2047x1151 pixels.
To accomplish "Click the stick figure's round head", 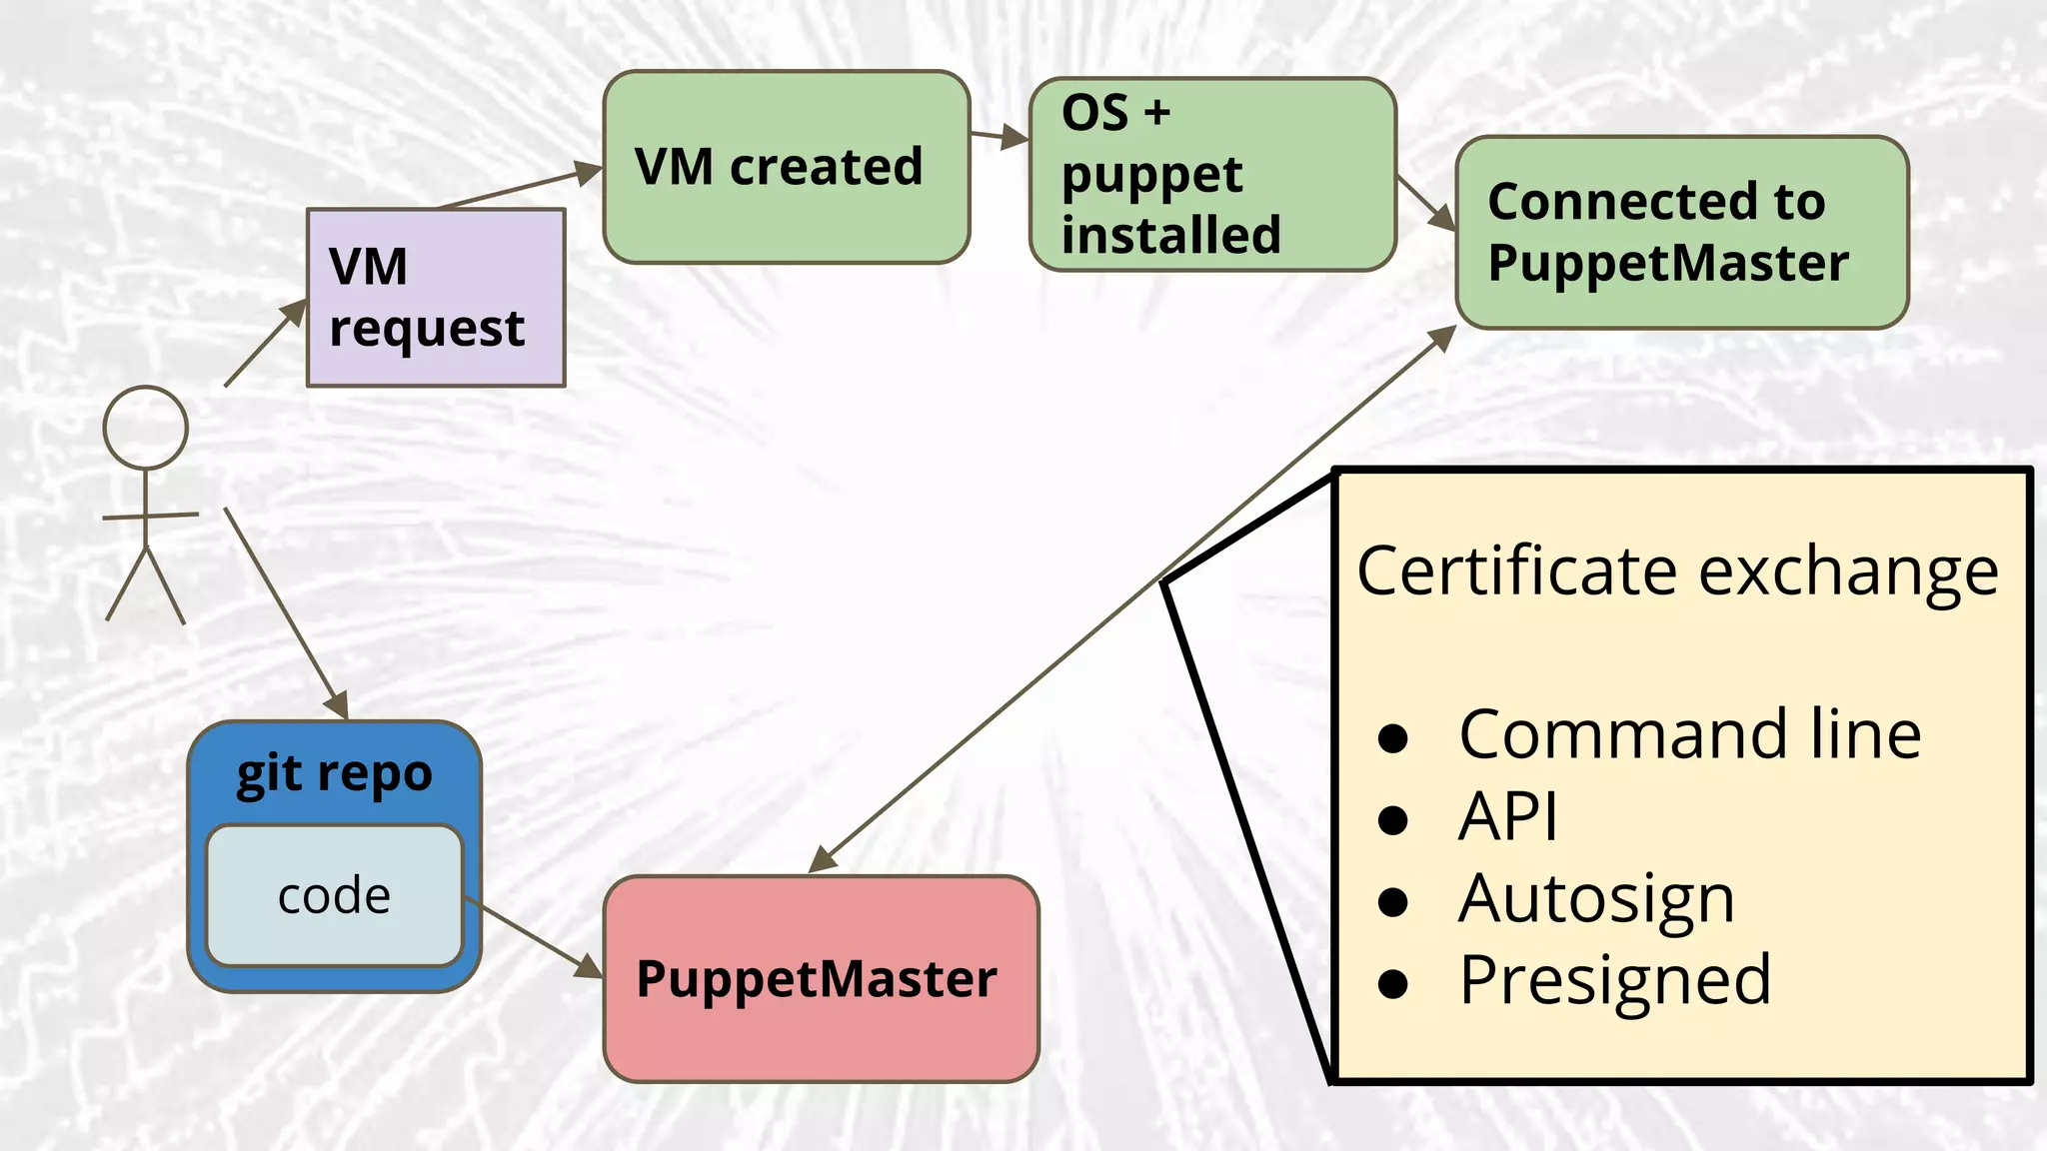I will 146,428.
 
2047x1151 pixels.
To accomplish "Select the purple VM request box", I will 436,298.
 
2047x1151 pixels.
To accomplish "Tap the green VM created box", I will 787,167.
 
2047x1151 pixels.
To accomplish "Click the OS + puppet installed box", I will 1212,175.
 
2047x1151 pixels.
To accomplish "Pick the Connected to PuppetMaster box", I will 1682,233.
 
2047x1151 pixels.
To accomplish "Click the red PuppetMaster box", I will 821,979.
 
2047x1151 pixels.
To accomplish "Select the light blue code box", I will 335,896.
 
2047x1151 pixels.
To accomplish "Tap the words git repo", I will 335,774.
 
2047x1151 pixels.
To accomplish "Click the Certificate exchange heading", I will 1677,572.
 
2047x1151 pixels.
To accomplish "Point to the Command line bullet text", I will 1689,734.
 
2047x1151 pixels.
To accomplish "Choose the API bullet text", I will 1507,817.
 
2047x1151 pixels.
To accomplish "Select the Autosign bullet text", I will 1596,899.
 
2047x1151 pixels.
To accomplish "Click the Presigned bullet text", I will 1614,980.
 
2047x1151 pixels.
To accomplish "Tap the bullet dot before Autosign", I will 1392,902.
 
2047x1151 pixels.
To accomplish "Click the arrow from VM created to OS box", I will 999,136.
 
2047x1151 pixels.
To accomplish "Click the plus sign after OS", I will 1157,113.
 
